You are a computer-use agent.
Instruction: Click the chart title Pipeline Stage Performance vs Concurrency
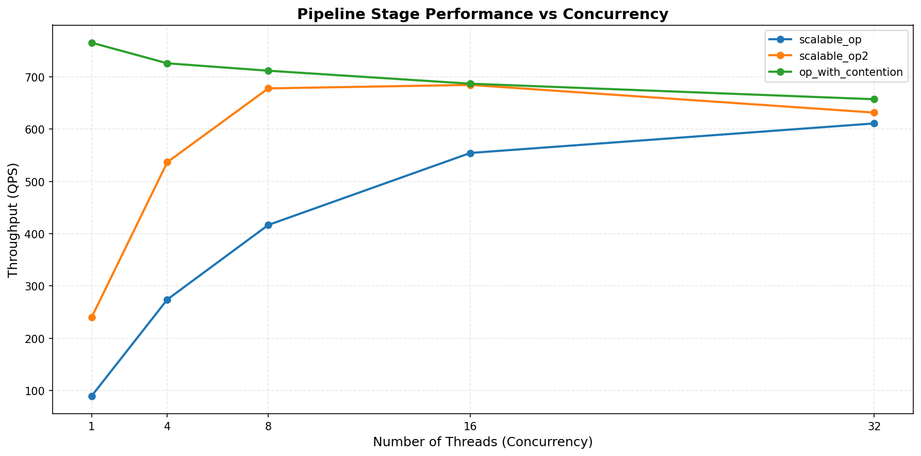coord(482,14)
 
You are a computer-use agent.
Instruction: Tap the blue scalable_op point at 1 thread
coord(92,396)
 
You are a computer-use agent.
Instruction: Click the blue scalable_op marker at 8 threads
coord(268,225)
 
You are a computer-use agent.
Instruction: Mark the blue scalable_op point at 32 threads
coord(874,123)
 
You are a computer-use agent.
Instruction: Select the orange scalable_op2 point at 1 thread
coord(92,317)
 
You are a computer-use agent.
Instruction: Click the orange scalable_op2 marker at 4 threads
coord(167,162)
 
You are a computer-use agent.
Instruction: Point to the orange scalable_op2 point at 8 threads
coord(268,88)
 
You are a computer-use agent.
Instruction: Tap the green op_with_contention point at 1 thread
coord(92,43)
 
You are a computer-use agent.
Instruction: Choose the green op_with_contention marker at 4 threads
coord(167,63)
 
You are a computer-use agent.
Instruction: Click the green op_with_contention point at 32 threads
coord(874,99)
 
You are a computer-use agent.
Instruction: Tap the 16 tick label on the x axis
coord(470,427)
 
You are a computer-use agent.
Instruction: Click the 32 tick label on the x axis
coord(874,427)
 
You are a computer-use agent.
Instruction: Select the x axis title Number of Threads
coord(482,442)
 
